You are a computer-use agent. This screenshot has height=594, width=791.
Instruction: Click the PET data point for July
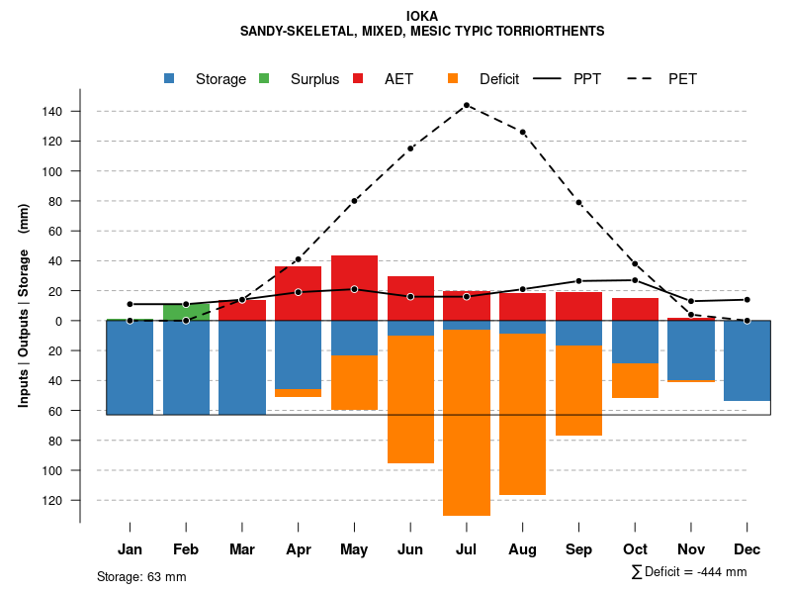[x=466, y=105]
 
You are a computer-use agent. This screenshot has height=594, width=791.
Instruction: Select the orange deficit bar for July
[x=466, y=423]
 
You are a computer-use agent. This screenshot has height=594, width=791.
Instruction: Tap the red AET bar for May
[x=354, y=288]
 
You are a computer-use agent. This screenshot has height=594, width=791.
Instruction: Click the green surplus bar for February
[x=186, y=313]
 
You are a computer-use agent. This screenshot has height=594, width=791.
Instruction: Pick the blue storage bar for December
[x=747, y=360]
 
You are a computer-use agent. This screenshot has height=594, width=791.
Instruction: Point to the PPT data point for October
[x=635, y=280]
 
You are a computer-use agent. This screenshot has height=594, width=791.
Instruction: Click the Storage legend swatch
[x=171, y=79]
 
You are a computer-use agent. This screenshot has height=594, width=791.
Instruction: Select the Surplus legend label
[x=314, y=79]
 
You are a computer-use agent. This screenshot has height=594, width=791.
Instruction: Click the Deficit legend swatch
[x=453, y=79]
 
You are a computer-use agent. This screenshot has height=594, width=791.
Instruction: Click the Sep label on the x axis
[x=578, y=549]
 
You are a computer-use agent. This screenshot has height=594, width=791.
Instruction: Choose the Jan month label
[x=130, y=549]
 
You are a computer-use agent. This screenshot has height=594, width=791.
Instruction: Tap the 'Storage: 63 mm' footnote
[x=141, y=576]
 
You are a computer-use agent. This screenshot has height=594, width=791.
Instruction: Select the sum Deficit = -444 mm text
[x=688, y=572]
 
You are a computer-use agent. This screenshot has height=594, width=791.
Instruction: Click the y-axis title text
[x=24, y=305]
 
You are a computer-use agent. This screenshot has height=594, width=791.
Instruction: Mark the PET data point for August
[x=522, y=132]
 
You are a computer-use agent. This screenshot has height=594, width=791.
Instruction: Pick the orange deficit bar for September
[x=578, y=390]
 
